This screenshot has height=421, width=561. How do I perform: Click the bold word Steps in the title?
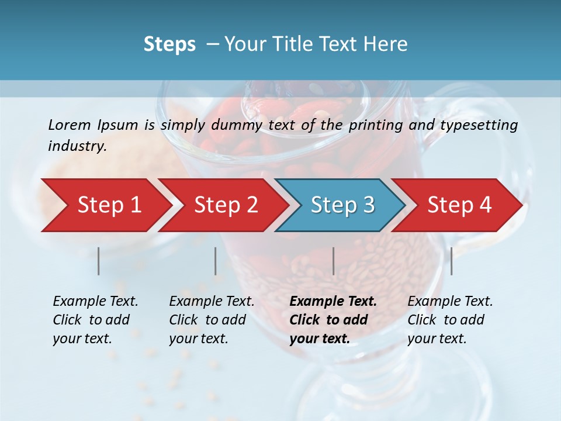(169, 44)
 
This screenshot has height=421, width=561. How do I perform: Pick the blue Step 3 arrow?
(342, 205)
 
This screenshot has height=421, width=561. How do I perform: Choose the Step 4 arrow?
(459, 205)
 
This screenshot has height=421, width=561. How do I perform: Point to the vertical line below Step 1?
(99, 261)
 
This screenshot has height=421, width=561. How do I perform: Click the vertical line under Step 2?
(216, 261)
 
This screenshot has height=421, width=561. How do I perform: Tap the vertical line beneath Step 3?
(334, 261)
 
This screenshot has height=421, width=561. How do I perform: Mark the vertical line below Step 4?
(451, 261)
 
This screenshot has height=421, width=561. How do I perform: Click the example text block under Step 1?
(95, 320)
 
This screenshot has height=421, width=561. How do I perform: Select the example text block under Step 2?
(212, 320)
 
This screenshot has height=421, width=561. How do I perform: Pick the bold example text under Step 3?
(333, 320)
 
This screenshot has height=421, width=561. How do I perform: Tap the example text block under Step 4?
(450, 320)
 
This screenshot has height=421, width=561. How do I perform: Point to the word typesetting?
(479, 125)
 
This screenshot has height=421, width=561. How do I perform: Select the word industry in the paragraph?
(77, 146)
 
